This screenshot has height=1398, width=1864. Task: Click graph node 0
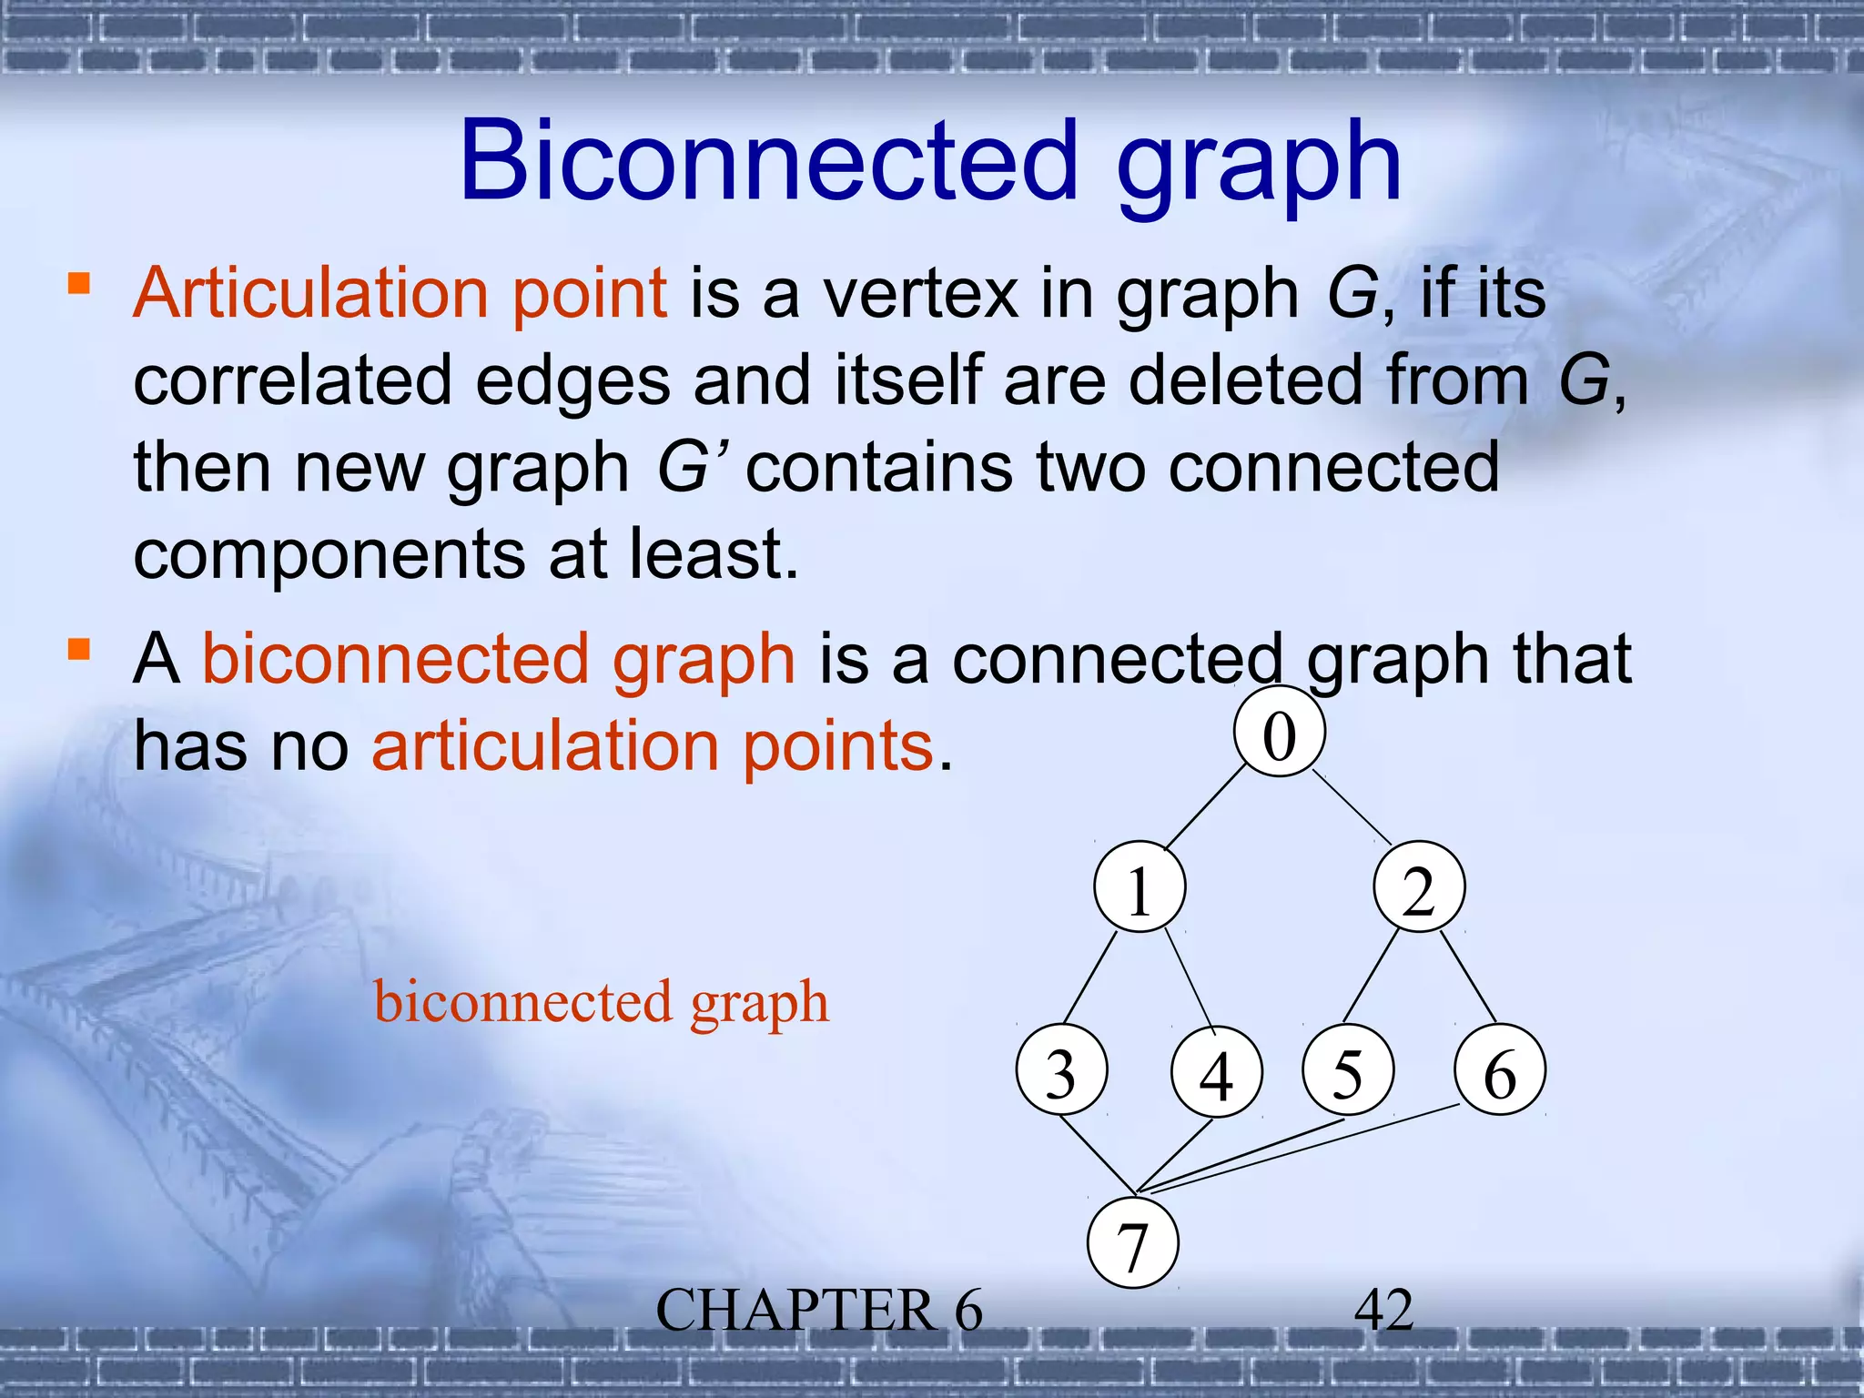(x=1279, y=733)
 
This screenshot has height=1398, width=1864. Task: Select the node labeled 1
(x=1140, y=887)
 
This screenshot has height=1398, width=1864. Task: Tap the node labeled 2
(x=1419, y=887)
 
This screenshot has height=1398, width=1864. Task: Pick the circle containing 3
(x=1061, y=1070)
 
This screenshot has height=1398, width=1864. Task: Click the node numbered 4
(x=1216, y=1072)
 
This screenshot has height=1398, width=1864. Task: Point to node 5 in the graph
(x=1347, y=1070)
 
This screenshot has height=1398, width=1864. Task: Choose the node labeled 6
(x=1500, y=1070)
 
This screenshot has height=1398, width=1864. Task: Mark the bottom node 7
(x=1132, y=1243)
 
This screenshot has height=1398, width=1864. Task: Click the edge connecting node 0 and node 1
(x=1205, y=808)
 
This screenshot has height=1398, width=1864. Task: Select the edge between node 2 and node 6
(x=1469, y=978)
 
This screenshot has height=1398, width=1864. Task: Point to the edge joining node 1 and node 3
(x=1090, y=978)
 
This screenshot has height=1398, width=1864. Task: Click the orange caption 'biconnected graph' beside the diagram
(x=602, y=1003)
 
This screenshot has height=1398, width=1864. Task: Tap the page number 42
(x=1383, y=1311)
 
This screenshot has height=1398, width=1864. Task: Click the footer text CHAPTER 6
(x=819, y=1311)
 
